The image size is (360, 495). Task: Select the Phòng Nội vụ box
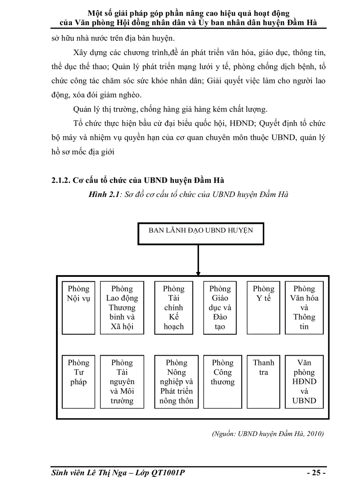78,307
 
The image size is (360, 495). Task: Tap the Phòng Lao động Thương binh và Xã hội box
122,307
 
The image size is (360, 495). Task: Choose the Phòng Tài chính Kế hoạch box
173,307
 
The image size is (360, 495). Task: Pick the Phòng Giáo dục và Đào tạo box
220,307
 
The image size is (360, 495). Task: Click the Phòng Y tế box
263,307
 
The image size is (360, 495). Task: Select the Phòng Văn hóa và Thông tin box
304,307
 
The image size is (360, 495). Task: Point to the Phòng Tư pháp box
78,381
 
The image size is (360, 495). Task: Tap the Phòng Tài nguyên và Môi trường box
122,381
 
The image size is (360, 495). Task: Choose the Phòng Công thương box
222,381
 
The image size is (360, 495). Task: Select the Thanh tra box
263,381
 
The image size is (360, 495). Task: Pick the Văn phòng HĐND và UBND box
304,381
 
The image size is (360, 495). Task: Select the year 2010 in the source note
314,434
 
